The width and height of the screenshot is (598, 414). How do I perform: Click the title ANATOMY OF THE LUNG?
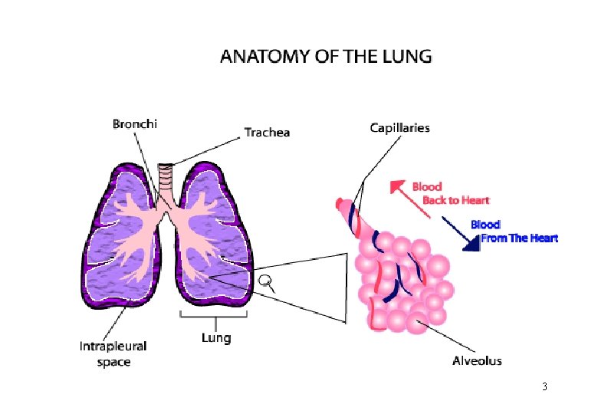point(326,57)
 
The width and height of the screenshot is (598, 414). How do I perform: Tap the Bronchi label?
point(135,123)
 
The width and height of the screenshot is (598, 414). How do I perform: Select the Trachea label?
point(267,133)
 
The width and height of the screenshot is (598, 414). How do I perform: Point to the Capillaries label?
point(399,128)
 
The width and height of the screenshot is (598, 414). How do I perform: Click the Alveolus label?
point(477,360)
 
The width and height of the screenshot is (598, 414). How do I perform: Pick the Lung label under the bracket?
point(215,337)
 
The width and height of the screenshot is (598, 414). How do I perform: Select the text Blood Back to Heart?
point(450,193)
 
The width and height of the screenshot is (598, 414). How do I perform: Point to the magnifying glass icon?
point(268,283)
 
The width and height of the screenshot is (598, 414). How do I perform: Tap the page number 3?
point(544,386)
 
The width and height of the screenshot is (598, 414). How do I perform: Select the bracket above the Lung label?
point(215,315)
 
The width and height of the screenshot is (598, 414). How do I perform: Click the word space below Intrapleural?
point(113,362)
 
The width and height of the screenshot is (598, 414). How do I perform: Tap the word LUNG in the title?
point(407,57)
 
